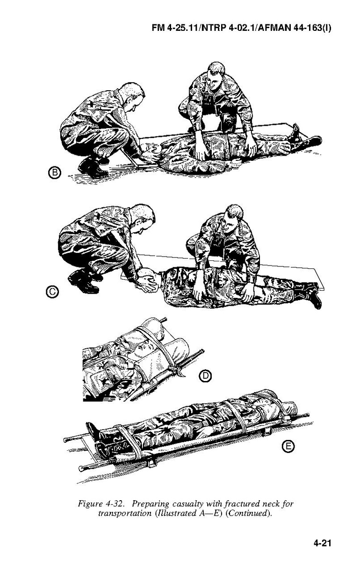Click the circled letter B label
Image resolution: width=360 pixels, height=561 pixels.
54,173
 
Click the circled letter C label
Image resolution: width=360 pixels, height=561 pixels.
52,292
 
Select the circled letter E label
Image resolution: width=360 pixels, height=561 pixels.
288,447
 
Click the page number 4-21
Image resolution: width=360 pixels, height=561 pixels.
322,541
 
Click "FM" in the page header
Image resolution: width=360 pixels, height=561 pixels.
158,28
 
